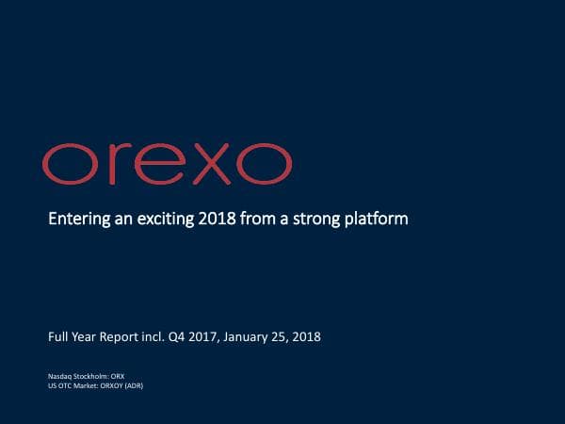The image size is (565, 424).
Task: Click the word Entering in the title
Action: pyautogui.click(x=75, y=220)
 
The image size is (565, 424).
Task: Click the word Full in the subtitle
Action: pyautogui.click(x=59, y=336)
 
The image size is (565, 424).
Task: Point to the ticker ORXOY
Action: pyautogui.click(x=112, y=384)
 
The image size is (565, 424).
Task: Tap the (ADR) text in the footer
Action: pyautogui.click(x=135, y=384)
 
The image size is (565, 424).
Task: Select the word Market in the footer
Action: pyautogui.click(x=86, y=384)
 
